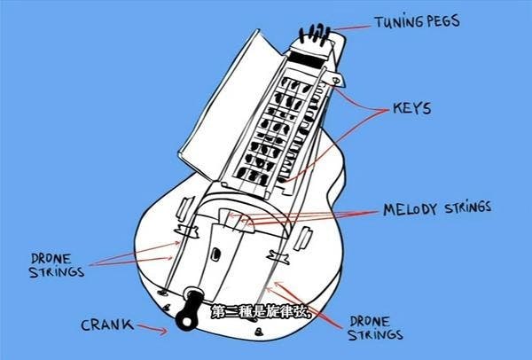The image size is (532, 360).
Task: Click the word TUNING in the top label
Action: point(401,21)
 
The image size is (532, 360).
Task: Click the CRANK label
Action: point(108,325)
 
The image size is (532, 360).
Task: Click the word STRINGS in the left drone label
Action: point(52,272)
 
